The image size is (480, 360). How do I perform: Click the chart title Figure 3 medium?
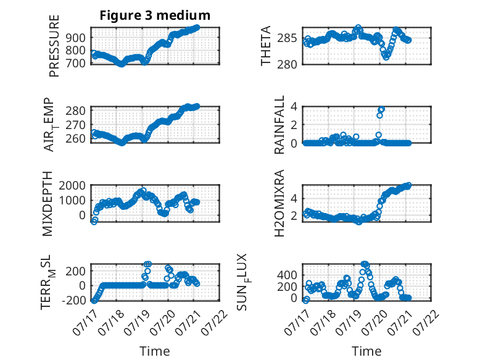click(155, 15)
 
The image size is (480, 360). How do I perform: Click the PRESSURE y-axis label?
click(54, 46)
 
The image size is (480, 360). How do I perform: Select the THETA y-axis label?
click(266, 46)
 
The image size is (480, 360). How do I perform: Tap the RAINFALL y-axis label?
click(279, 125)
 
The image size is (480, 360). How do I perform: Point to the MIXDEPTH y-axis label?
click(48, 204)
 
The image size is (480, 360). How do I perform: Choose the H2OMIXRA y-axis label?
click(279, 203)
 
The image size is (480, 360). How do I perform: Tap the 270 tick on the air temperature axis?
click(76, 125)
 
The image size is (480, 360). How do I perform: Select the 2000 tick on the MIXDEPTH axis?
click(72, 185)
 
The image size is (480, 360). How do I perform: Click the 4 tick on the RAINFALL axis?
click(294, 107)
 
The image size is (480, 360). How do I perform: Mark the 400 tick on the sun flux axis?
click(287, 275)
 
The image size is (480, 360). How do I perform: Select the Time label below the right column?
click(366, 351)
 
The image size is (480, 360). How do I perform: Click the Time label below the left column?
click(155, 351)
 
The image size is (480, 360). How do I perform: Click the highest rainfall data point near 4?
click(381, 109)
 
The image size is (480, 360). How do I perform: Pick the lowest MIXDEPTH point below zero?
click(94, 222)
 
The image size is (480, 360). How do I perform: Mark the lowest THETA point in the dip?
click(386, 57)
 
